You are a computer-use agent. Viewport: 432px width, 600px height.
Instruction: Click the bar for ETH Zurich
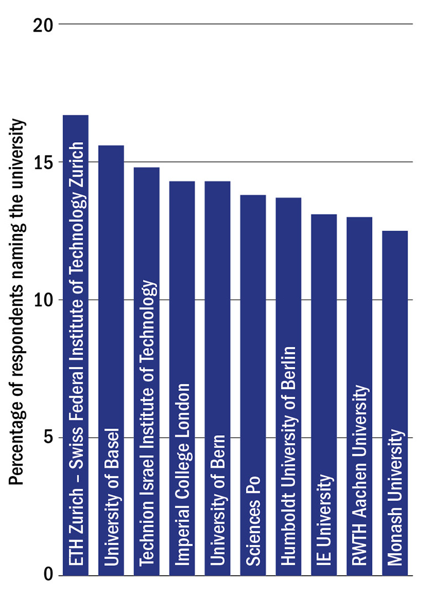tap(75, 345)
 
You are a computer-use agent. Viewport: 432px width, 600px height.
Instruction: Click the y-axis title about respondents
tap(18, 302)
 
